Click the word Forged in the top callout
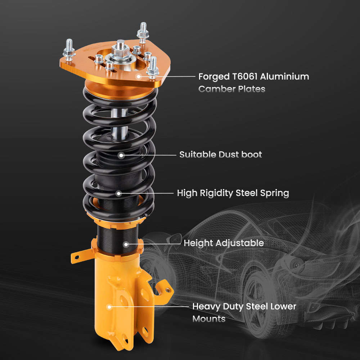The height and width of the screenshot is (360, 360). click(x=214, y=77)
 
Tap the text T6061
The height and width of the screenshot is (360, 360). click(x=245, y=76)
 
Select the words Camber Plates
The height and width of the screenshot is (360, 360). click(x=231, y=89)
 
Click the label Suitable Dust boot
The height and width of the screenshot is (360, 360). click(x=221, y=154)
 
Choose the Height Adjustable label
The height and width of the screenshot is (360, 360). click(x=224, y=243)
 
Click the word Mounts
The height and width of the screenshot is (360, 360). click(x=209, y=319)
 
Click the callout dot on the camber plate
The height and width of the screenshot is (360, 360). click(x=139, y=76)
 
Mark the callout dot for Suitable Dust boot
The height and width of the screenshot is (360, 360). click(x=121, y=155)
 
